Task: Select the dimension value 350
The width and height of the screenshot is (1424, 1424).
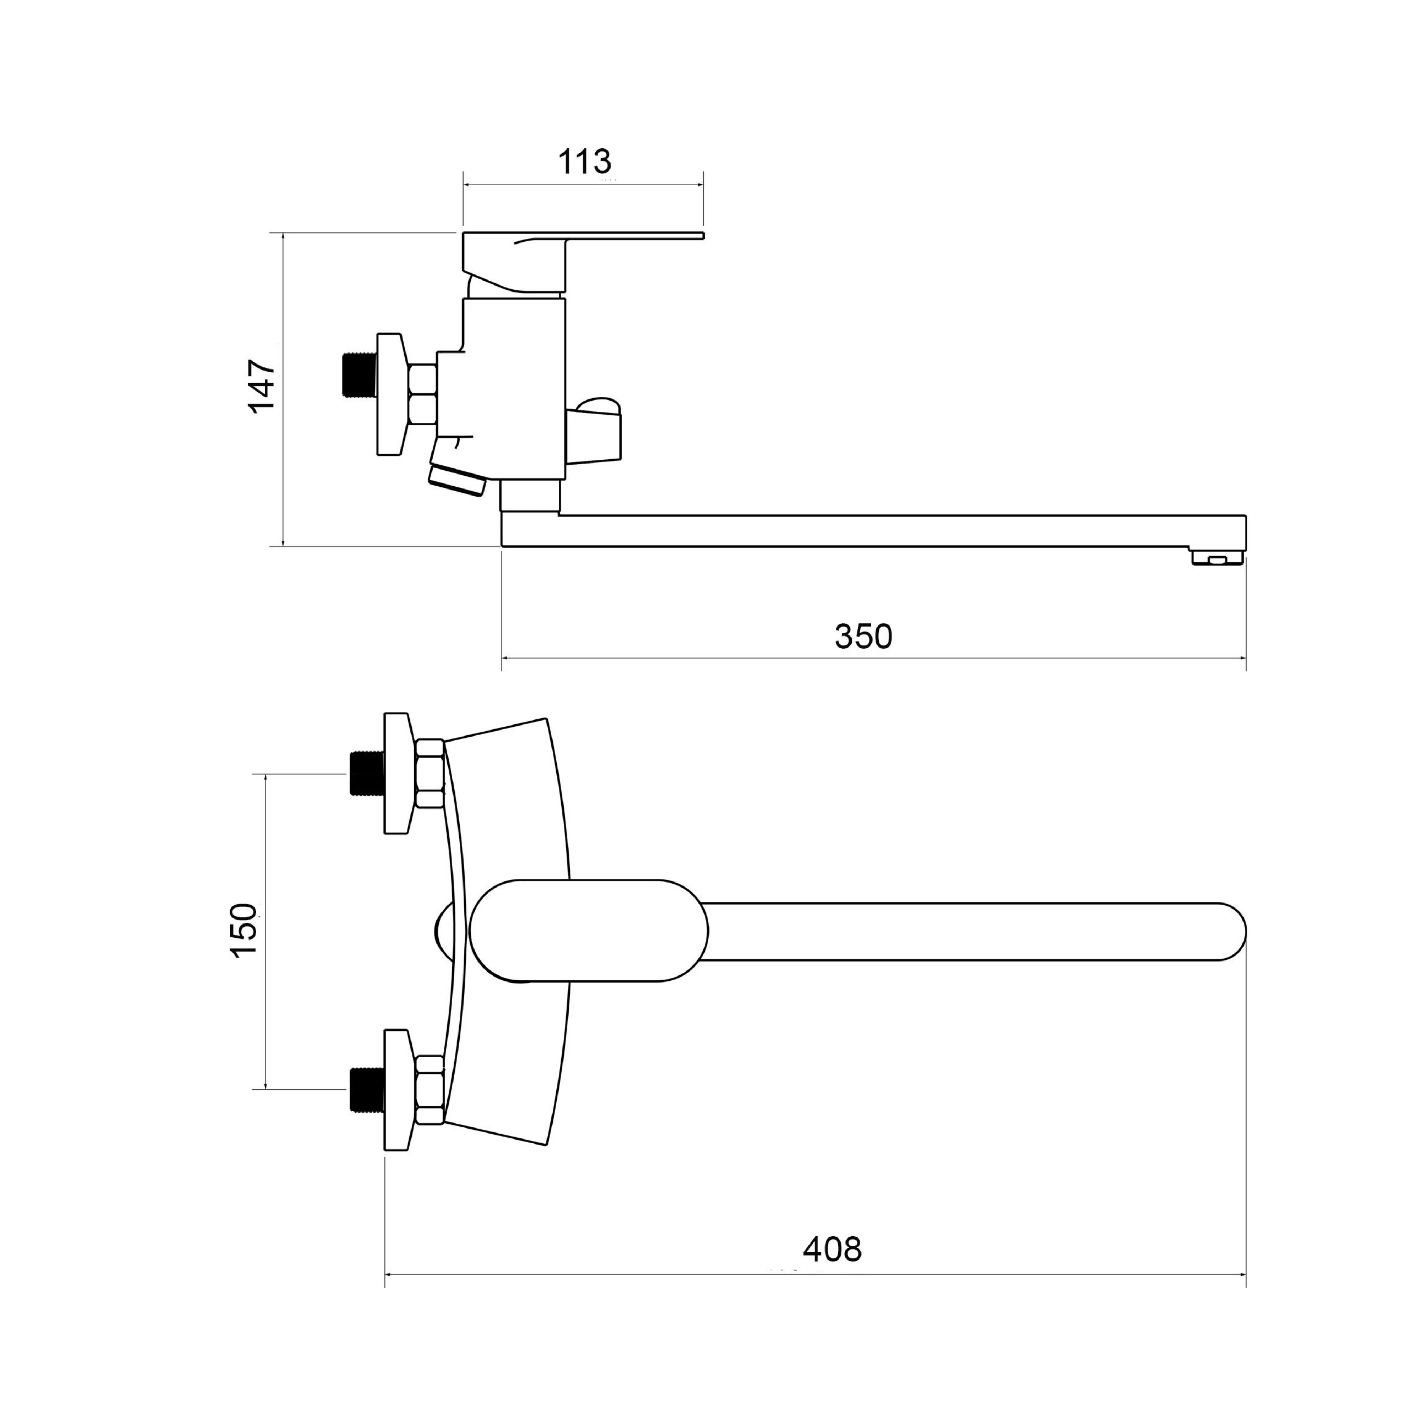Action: click(x=863, y=636)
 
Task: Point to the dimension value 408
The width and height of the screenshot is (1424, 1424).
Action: click(x=832, y=1249)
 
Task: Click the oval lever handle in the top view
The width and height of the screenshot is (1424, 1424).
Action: click(x=589, y=930)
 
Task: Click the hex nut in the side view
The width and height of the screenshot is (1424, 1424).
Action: click(x=423, y=394)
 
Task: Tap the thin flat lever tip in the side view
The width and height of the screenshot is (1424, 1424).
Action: click(x=635, y=236)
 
